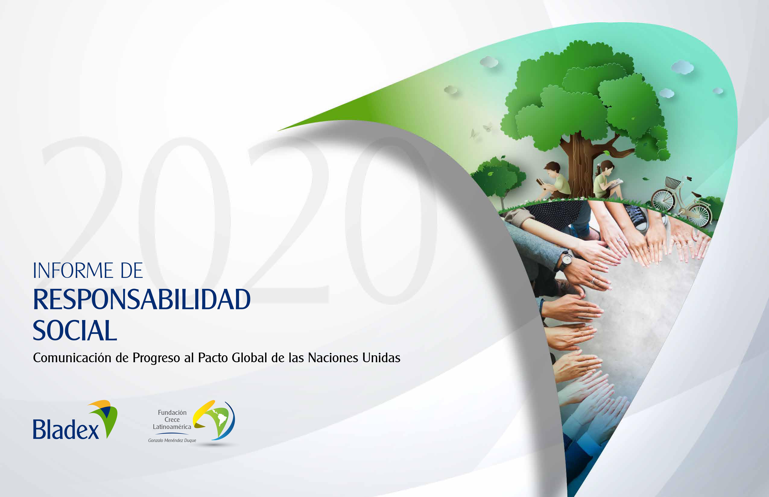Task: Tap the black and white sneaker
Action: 636,216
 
